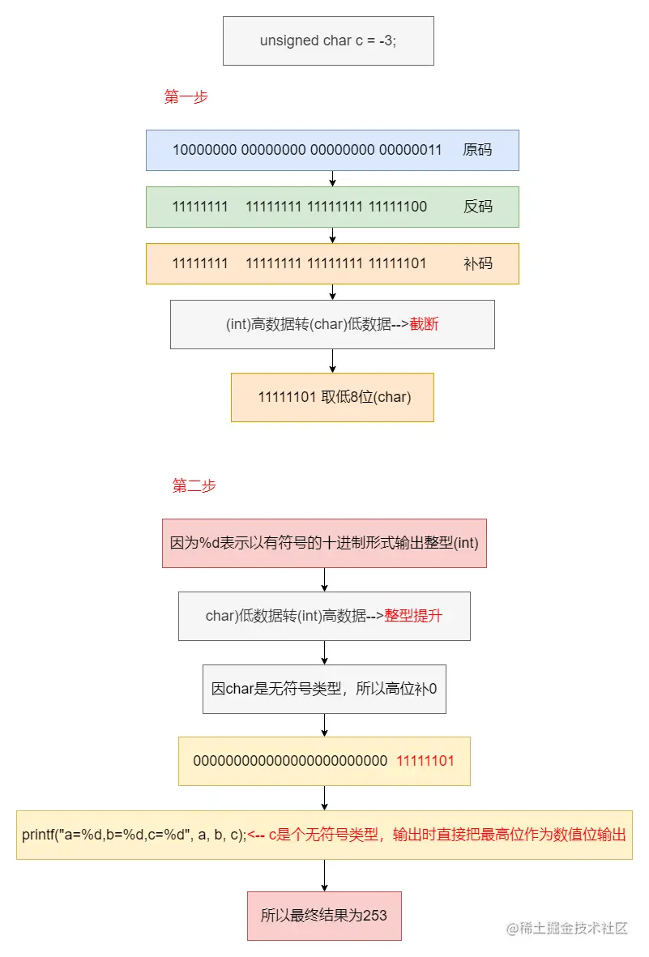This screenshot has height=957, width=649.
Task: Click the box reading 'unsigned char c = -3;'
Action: [x=328, y=41]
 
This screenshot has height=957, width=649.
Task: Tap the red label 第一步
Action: [x=186, y=97]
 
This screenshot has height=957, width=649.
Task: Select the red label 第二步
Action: [x=194, y=486]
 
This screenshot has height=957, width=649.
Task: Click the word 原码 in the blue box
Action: [x=477, y=150]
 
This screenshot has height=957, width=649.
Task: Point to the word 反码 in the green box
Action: [x=477, y=207]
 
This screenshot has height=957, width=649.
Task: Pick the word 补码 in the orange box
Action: [x=477, y=263]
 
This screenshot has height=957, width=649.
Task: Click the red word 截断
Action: [x=425, y=324]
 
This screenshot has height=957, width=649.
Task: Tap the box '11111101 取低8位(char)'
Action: [x=333, y=397]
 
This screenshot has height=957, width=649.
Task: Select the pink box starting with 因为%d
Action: [x=324, y=543]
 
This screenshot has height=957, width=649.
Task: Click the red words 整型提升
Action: [x=413, y=616]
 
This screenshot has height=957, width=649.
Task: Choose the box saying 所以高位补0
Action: [x=324, y=689]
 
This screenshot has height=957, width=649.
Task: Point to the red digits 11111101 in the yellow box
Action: [x=425, y=761]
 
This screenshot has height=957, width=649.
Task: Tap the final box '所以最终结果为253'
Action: [x=324, y=916]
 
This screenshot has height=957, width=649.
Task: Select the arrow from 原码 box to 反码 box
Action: [x=333, y=179]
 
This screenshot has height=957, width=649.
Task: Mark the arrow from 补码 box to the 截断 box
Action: [x=333, y=293]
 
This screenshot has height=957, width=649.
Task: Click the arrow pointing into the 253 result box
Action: [x=324, y=876]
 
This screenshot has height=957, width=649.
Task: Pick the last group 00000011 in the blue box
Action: [x=411, y=150]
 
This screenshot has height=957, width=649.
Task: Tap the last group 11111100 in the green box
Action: [x=398, y=207]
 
